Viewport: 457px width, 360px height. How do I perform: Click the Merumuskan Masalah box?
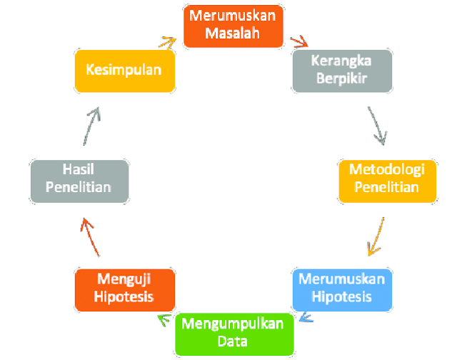pos(234,26)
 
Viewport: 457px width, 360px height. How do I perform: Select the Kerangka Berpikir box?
pos(341,69)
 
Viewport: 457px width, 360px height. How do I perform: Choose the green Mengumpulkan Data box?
pos(233,332)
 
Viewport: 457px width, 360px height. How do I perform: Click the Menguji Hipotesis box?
pos(125,289)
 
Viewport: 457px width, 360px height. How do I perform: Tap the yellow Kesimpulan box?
pos(124,70)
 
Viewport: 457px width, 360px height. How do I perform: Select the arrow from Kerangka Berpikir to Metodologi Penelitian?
pos(378,126)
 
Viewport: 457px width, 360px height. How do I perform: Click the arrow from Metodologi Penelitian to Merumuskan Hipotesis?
pos(377,236)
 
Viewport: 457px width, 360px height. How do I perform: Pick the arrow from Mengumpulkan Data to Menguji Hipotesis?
pos(165,319)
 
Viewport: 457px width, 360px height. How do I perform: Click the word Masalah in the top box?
pos(234,34)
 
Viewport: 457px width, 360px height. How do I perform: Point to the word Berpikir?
pos(341,78)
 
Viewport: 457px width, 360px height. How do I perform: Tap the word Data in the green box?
pos(233,341)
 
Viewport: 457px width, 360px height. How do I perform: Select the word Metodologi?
pos(386,171)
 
